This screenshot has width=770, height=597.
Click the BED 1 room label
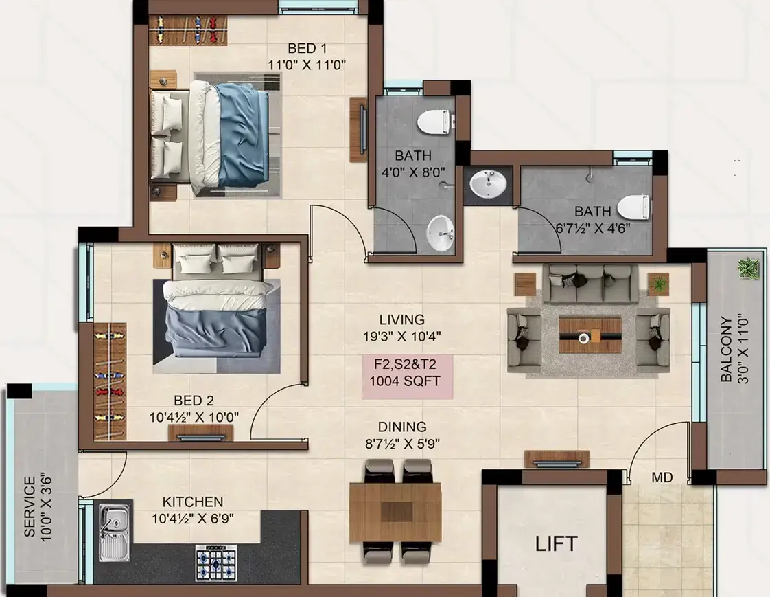pyautogui.click(x=307, y=48)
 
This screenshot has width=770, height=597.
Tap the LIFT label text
pyautogui.click(x=556, y=544)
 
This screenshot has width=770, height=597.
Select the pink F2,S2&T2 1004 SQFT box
pyautogui.click(x=408, y=376)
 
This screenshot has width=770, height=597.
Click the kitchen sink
pyautogui.click(x=115, y=534)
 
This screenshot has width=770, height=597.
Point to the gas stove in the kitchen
pyautogui.click(x=216, y=563)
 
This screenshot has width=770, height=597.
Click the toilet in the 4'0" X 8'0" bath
pyautogui.click(x=434, y=121)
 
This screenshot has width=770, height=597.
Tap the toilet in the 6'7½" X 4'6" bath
pyautogui.click(x=633, y=207)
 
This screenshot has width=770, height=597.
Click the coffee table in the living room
pyautogui.click(x=590, y=335)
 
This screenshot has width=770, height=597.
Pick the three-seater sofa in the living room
pyautogui.click(x=593, y=284)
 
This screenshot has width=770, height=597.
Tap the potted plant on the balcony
pyautogui.click(x=749, y=269)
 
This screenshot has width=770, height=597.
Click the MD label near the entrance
pyautogui.click(x=662, y=477)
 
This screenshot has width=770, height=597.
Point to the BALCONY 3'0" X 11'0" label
pyautogui.click(x=734, y=349)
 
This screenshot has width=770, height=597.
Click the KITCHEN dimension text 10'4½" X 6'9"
pyautogui.click(x=193, y=519)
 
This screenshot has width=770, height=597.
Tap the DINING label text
pyautogui.click(x=402, y=427)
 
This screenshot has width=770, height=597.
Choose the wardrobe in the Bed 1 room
pyautogui.click(x=188, y=30)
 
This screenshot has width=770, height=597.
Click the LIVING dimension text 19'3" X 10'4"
pyautogui.click(x=402, y=337)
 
